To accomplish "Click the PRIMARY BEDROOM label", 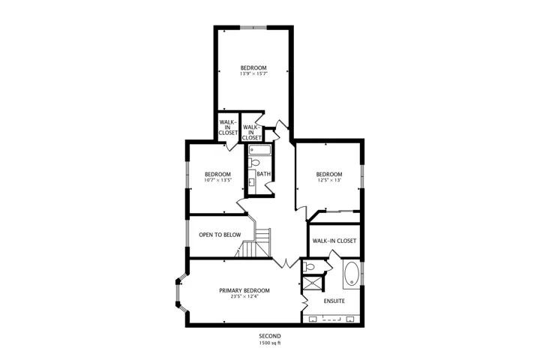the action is pyautogui.click(x=244, y=290).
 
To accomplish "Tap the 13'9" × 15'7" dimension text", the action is pyautogui.click(x=253, y=73).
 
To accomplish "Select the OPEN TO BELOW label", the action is pyautogui.click(x=220, y=235).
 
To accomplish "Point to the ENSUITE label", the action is pyautogui.click(x=334, y=301).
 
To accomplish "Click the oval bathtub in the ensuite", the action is pyautogui.click(x=351, y=274).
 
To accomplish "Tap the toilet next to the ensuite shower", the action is pyautogui.click(x=309, y=266).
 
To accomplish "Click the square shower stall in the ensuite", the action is pyautogui.click(x=313, y=283).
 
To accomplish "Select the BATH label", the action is pyautogui.click(x=263, y=174).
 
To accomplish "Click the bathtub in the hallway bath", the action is pyautogui.click(x=260, y=150).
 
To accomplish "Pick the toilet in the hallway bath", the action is pyautogui.click(x=254, y=162).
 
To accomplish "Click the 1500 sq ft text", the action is pyautogui.click(x=270, y=343).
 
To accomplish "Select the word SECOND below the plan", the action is pyautogui.click(x=270, y=336).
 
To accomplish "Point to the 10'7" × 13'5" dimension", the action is pyautogui.click(x=217, y=180).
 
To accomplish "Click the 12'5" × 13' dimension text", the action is pyautogui.click(x=329, y=180).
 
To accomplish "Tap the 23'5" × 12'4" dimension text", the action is pyautogui.click(x=244, y=296).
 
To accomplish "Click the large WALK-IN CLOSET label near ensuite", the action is pyautogui.click(x=334, y=241).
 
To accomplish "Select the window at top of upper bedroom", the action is pyautogui.click(x=253, y=28).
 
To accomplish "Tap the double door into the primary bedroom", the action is pyautogui.click(x=286, y=262).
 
